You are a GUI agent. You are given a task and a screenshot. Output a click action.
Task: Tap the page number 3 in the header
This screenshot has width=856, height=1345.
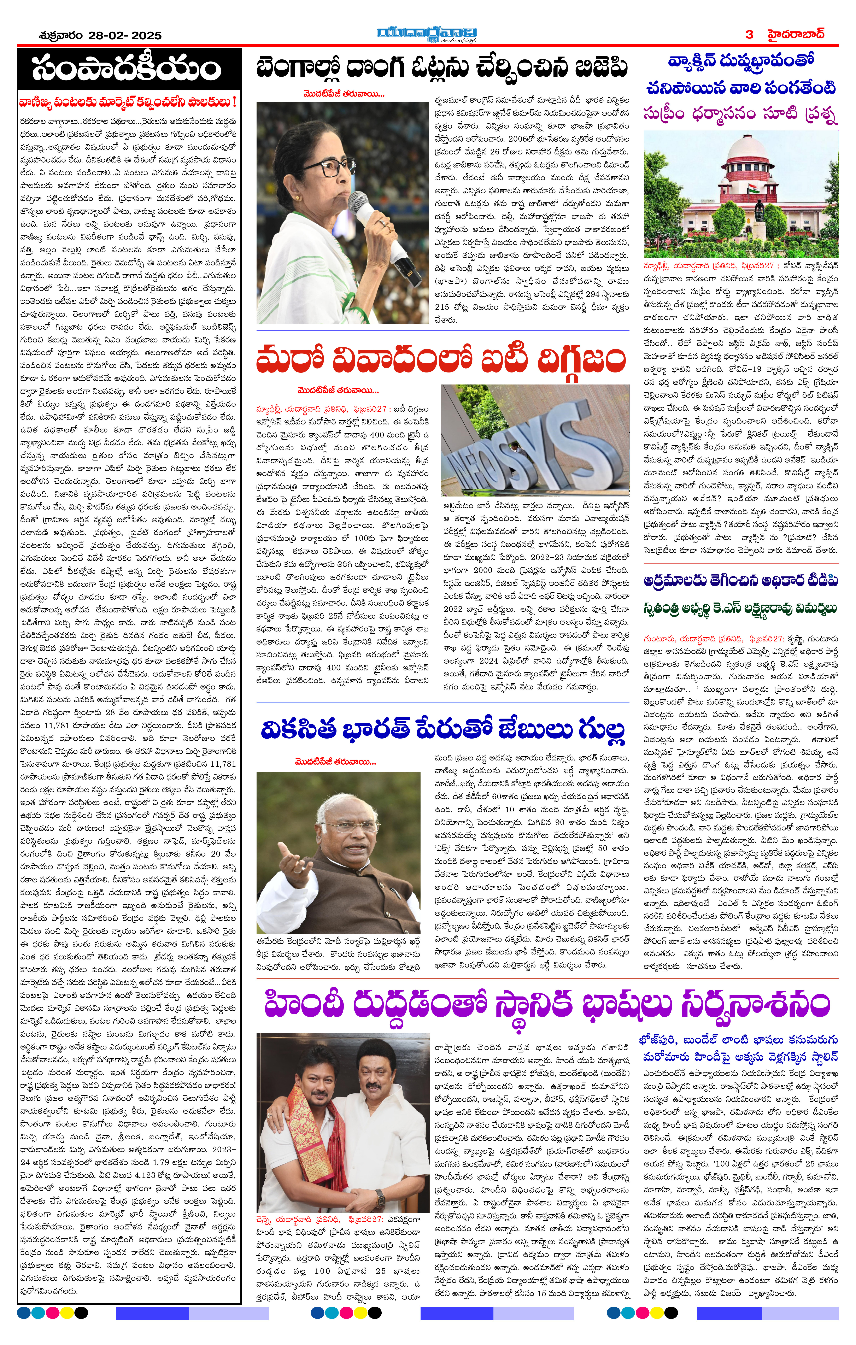[x=749, y=34]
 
